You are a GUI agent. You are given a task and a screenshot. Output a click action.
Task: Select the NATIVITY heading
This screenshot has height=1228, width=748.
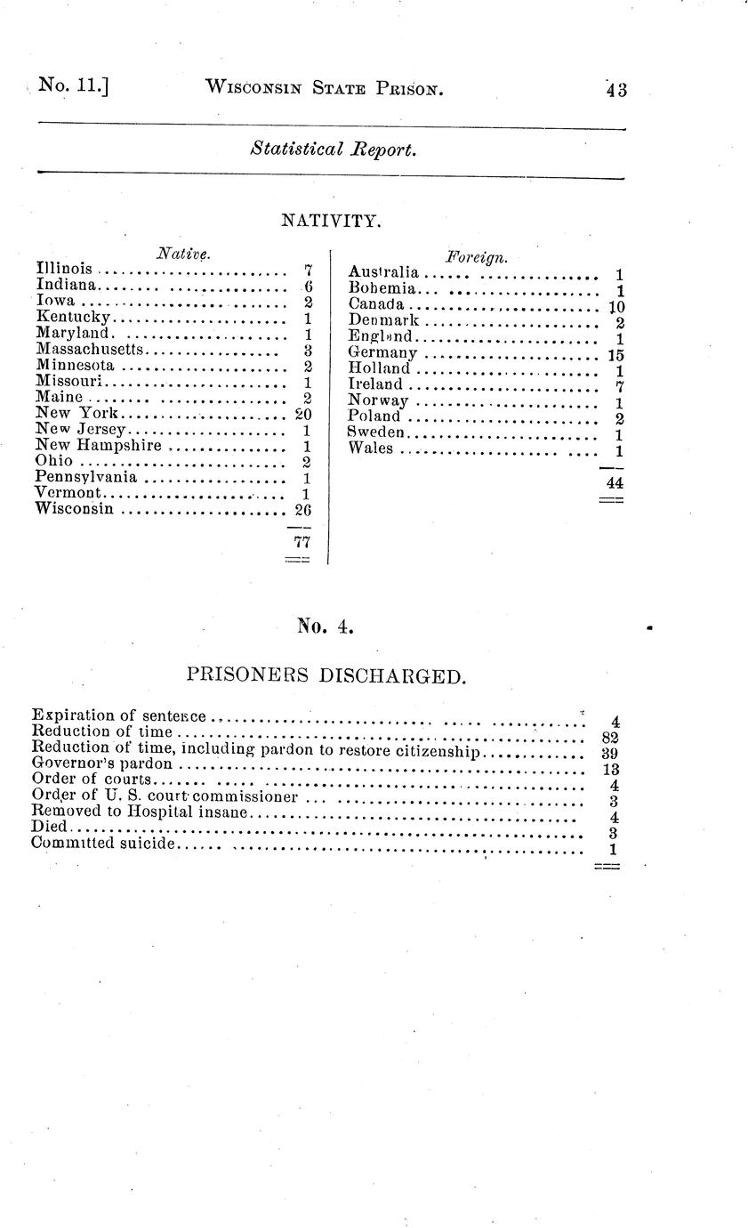pos(331,220)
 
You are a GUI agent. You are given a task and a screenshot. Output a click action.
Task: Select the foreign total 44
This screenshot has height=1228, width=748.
pos(612,482)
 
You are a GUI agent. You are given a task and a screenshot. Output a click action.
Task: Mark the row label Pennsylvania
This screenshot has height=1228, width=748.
pos(85,478)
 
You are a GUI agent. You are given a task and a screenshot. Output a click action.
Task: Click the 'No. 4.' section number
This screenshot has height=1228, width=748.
pos(326,627)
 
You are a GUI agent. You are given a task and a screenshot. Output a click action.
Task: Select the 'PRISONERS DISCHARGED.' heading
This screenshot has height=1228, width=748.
pos(326,676)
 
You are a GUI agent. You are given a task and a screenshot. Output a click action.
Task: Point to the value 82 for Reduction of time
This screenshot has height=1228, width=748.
pos(610,737)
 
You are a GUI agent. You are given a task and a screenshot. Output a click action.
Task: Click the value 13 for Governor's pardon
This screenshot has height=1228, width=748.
pos(610,770)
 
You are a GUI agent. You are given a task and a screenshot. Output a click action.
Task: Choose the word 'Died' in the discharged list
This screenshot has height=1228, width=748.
pos(48,828)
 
